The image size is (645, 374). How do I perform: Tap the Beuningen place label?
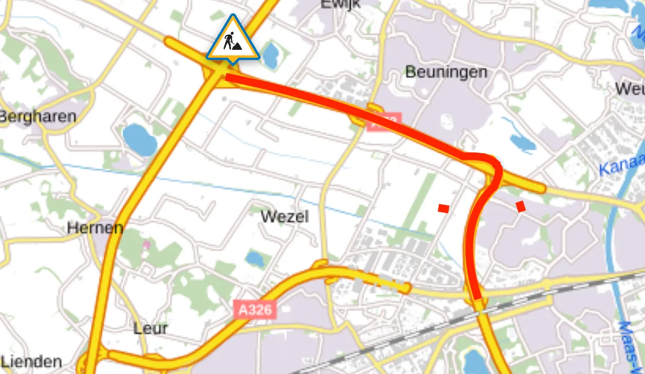pos(446,72)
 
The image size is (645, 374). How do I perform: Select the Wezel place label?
pos(284,216)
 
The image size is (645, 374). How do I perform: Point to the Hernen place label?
pos(95,228)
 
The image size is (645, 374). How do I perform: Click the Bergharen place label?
pos(38,116)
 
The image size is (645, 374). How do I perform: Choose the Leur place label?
pos(151,328)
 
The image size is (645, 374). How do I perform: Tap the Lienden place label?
pos(31,361)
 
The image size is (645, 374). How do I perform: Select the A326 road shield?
pos(255,309)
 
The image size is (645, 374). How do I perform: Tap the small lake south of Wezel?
pos(255,258)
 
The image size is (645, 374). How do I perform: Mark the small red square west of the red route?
pos(443,208)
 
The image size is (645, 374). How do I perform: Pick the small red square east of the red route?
pos(521,206)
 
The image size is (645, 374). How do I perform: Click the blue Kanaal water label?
pos(622,164)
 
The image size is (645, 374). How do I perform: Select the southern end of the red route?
pos(477,296)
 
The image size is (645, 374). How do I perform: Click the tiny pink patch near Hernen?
pos(147,244)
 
